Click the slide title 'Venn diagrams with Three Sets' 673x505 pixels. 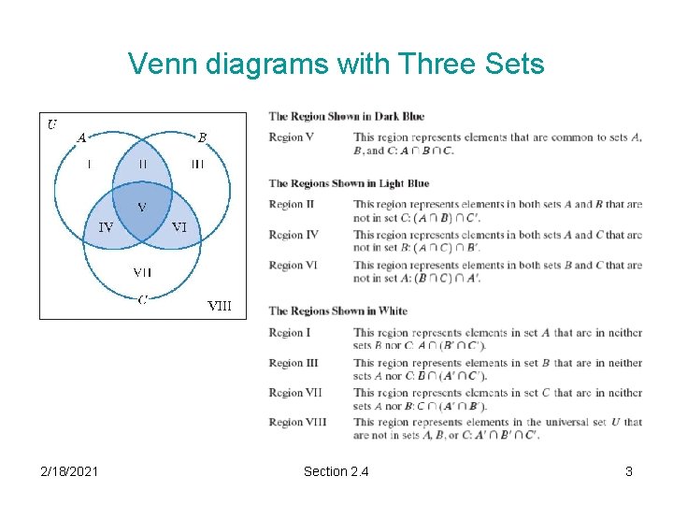click(x=336, y=64)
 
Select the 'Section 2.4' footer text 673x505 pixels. click(x=336, y=471)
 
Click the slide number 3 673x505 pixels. click(x=628, y=471)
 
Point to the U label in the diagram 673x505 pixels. click(x=52, y=123)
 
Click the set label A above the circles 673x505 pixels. click(x=81, y=137)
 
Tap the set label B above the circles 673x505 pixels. click(x=202, y=137)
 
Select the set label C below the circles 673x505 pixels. click(x=142, y=299)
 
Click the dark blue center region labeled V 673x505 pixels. click(x=142, y=207)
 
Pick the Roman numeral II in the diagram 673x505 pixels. click(x=142, y=164)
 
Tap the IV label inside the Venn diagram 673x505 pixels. click(x=107, y=227)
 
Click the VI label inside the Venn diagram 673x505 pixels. click(x=179, y=227)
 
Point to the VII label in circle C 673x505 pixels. click(x=142, y=272)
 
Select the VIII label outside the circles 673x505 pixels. click(x=219, y=305)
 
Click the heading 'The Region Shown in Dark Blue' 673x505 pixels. click(x=346, y=117)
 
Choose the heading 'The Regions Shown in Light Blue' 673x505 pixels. click(x=349, y=183)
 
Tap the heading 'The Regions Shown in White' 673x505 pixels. click(x=337, y=311)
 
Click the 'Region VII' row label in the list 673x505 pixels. click(x=295, y=393)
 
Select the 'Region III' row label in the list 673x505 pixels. click(x=294, y=363)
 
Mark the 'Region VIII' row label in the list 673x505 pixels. click(x=297, y=423)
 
